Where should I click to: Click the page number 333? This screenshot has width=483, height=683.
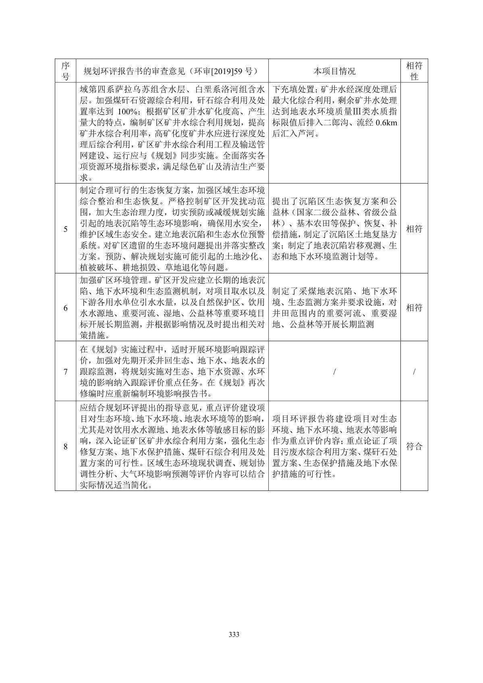pos(234,635)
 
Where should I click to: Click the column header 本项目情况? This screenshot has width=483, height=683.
pos(334,71)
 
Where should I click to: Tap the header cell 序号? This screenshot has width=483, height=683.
pos(65,71)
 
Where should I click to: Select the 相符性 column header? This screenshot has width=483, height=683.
pos(414,71)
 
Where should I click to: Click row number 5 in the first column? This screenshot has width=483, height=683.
pos(65,229)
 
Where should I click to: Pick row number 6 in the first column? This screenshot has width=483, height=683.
pos(65,308)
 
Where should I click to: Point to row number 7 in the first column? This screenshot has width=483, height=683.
pos(65,371)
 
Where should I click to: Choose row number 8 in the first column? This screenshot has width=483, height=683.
pos(65,446)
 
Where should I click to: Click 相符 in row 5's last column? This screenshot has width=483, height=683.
pos(414,229)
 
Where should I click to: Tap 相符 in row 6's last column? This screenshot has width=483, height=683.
pos(414,308)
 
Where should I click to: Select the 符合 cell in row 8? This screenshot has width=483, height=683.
pos(414,446)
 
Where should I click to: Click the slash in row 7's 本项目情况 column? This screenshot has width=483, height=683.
pos(334,371)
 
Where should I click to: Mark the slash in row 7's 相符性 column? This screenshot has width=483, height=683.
pos(414,371)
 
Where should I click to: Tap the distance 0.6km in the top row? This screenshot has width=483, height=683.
pos(386,123)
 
